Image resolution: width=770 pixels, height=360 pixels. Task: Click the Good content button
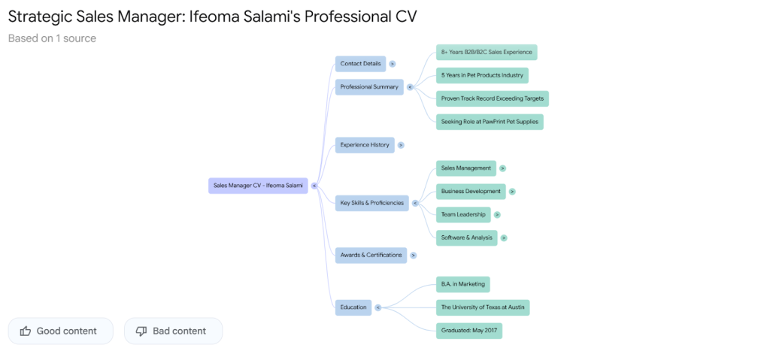tap(60, 331)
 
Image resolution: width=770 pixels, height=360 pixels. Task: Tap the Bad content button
tap(173, 331)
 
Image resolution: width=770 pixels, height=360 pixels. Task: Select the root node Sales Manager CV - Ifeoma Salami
tap(258, 185)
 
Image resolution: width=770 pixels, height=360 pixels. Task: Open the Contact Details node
tap(360, 64)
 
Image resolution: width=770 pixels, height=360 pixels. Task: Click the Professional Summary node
tap(369, 87)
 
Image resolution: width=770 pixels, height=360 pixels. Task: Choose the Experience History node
tap(365, 145)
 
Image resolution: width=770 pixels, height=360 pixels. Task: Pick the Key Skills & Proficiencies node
tap(371, 203)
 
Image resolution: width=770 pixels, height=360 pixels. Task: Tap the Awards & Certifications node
tap(371, 256)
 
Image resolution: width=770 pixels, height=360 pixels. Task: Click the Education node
tap(353, 307)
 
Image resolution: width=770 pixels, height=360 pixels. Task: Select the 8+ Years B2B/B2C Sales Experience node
tap(487, 53)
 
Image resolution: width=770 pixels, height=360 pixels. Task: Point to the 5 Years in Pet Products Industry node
tap(482, 76)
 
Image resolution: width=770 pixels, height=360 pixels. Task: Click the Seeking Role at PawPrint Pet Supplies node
tap(490, 122)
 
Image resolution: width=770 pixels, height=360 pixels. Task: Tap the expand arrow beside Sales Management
tap(502, 168)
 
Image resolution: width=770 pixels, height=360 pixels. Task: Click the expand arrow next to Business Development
tap(512, 192)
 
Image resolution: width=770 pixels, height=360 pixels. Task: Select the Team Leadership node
tap(463, 215)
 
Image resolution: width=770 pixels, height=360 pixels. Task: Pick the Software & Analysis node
tap(466, 238)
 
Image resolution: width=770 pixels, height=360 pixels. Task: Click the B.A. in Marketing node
tap(462, 285)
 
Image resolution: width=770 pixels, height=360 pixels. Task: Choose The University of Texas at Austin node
tap(483, 307)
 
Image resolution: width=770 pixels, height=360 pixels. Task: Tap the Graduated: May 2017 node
tap(468, 331)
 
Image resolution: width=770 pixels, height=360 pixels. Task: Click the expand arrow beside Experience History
tap(401, 145)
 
